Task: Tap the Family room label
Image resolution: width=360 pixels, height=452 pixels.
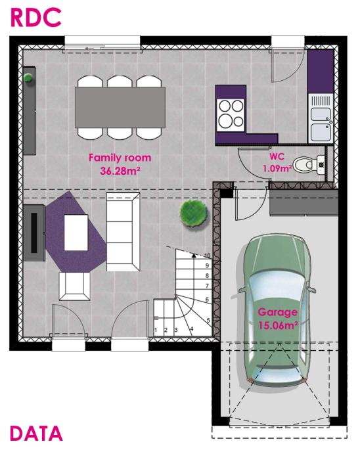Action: (120, 158)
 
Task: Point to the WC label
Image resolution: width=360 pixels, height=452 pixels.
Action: (277, 158)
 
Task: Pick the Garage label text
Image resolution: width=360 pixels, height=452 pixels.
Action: (277, 312)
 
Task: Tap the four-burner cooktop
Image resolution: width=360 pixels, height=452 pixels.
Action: (232, 112)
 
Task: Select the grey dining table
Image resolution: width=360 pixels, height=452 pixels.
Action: (120, 108)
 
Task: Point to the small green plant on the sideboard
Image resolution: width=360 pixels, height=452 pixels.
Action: (28, 78)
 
